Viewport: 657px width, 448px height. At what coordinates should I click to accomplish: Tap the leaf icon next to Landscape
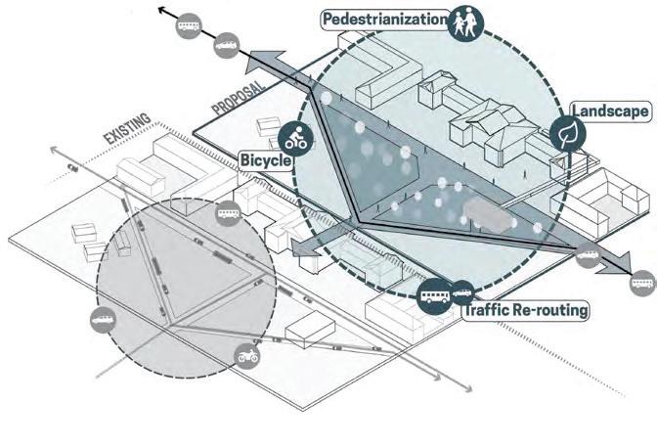[x=566, y=134]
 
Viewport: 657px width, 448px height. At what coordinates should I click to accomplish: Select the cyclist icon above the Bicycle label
[x=294, y=138]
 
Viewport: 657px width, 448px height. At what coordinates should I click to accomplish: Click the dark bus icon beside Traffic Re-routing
[x=434, y=293]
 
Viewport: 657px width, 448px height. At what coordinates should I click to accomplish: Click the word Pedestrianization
[x=385, y=19]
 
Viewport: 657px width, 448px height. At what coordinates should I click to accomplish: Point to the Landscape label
[x=612, y=111]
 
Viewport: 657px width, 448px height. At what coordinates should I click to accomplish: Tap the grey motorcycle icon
[x=247, y=356]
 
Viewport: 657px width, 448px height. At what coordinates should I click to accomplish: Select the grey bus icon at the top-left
[x=188, y=26]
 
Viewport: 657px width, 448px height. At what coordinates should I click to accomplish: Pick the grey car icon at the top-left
[x=224, y=44]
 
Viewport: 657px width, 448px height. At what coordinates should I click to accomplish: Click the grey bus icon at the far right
[x=642, y=283]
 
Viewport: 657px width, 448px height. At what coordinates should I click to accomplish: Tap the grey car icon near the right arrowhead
[x=589, y=257]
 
